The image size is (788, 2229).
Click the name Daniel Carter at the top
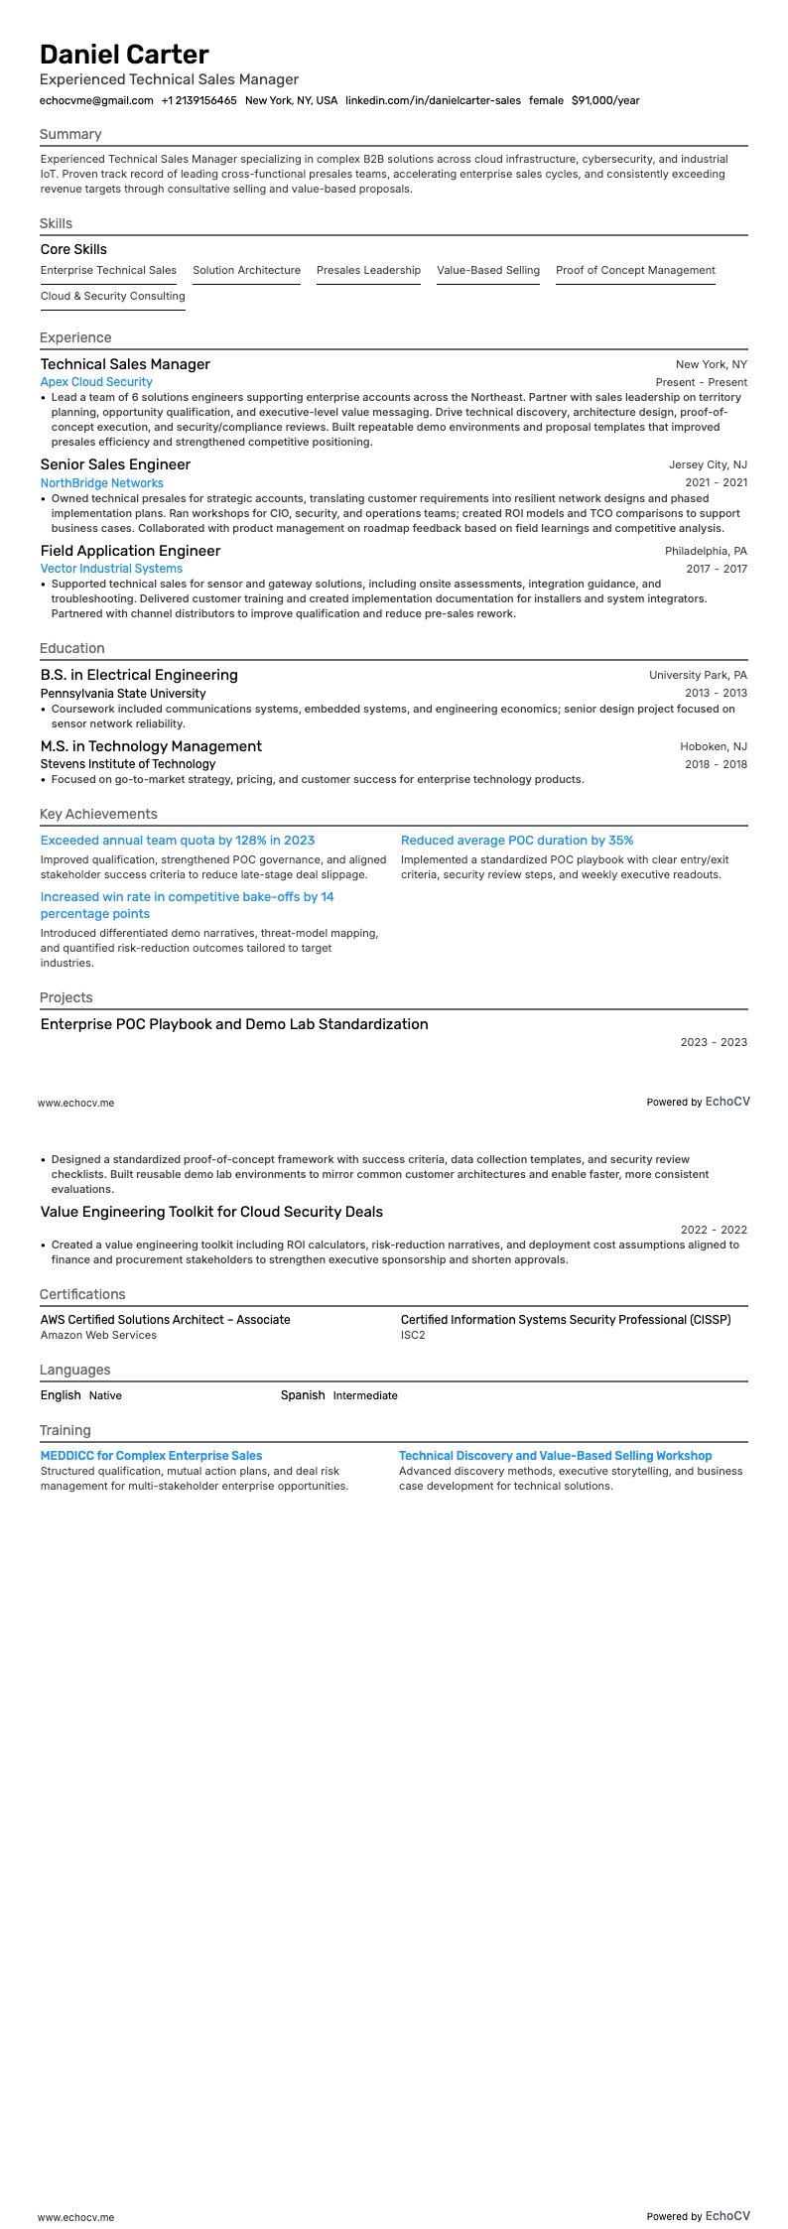coord(124,54)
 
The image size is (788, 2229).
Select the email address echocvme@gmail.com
coord(96,100)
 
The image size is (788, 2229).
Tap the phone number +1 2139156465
coord(198,100)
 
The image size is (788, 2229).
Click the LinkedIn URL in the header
coord(433,100)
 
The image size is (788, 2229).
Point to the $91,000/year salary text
coord(605,100)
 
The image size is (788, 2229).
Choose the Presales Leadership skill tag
coord(368,270)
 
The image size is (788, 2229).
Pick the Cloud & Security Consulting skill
coord(112,296)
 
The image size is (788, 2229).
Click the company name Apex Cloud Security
coord(96,382)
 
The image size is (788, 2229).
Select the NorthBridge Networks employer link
coord(101,483)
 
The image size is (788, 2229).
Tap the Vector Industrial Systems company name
coord(111,569)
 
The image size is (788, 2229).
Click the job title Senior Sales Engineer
coord(115,464)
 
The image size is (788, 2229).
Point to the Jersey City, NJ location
coord(708,464)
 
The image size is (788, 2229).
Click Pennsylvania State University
coord(123,694)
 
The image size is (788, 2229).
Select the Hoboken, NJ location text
coord(714,746)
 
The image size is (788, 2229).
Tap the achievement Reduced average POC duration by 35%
coord(517,841)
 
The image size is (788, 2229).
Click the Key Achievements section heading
coord(98,814)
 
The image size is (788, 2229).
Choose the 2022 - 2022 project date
coord(714,1230)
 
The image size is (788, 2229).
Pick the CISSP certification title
coord(566,1320)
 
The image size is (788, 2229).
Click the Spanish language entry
coord(303,1395)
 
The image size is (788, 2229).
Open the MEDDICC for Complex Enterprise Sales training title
coord(151,1456)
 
